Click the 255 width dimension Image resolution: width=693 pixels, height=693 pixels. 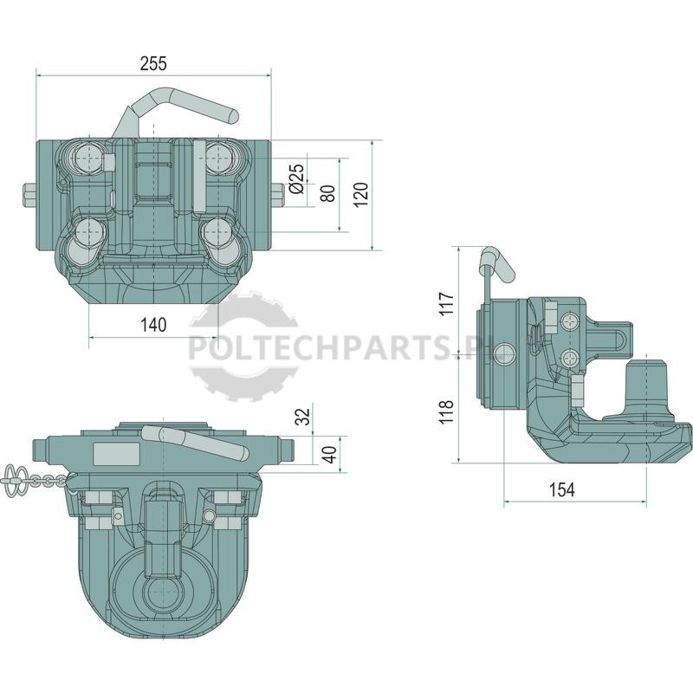click(153, 64)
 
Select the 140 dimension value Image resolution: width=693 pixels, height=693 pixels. click(153, 326)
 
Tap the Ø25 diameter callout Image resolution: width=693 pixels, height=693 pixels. click(297, 179)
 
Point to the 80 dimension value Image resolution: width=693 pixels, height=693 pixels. click(328, 193)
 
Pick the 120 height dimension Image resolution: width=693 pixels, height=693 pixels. click(361, 193)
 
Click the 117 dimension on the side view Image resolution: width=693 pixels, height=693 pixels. click(446, 303)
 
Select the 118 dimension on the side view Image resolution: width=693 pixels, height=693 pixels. click(446, 412)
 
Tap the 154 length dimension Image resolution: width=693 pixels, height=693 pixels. click(561, 489)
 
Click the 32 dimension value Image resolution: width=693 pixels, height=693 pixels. click(303, 417)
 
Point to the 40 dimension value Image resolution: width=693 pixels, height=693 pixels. click(329, 455)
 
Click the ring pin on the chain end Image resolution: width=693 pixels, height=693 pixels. click(13, 475)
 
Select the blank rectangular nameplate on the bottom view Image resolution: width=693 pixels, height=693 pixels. click(117, 453)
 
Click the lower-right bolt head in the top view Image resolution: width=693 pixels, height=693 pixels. click(218, 231)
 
